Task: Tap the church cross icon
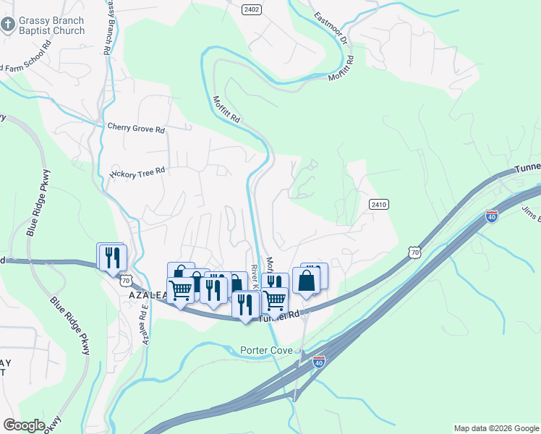[7, 26]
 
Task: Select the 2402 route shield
[252, 9]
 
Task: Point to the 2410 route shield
[378, 205]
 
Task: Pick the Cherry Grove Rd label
[136, 129]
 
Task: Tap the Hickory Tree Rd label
[137, 172]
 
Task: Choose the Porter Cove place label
[266, 351]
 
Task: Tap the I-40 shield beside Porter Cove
[318, 361]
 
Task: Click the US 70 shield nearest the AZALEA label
[126, 279]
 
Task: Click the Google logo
[24, 425]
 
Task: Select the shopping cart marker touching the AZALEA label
[180, 289]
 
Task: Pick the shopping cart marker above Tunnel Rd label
[274, 298]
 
